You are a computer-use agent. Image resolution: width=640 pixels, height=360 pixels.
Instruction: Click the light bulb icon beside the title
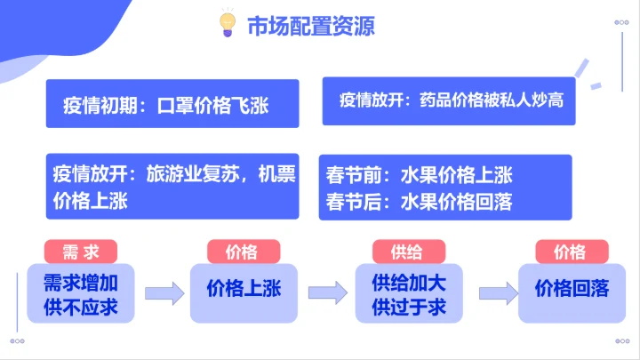click(228, 24)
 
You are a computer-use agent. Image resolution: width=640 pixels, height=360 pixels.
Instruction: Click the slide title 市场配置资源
click(310, 25)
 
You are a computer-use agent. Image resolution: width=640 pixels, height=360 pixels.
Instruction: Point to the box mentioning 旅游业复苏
click(174, 187)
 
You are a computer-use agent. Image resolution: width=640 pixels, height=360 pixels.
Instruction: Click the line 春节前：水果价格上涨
click(420, 175)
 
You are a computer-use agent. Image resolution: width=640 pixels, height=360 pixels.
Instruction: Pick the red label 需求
click(86, 252)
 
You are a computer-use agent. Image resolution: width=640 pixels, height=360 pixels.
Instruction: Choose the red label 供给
click(406, 252)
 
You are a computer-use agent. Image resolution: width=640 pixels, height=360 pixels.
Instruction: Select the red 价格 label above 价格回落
click(570, 252)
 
